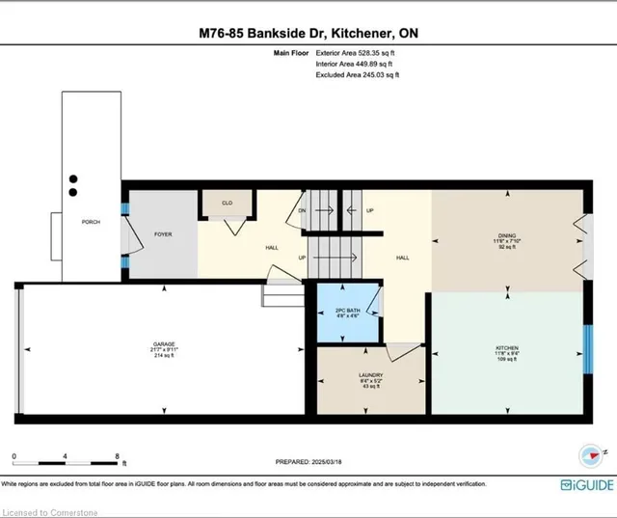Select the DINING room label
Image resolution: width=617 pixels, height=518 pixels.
tap(506, 234)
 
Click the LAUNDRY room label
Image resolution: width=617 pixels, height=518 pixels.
tap(370, 376)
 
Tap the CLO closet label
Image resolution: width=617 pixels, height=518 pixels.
tap(228, 204)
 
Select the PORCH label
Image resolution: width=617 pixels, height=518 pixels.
tap(91, 222)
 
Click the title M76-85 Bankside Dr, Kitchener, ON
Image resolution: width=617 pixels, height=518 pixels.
tap(308, 33)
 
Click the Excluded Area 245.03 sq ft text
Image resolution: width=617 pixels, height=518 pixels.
tap(358, 74)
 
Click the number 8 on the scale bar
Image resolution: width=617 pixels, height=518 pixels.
tap(116, 455)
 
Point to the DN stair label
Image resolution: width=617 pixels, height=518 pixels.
tap(302, 209)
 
